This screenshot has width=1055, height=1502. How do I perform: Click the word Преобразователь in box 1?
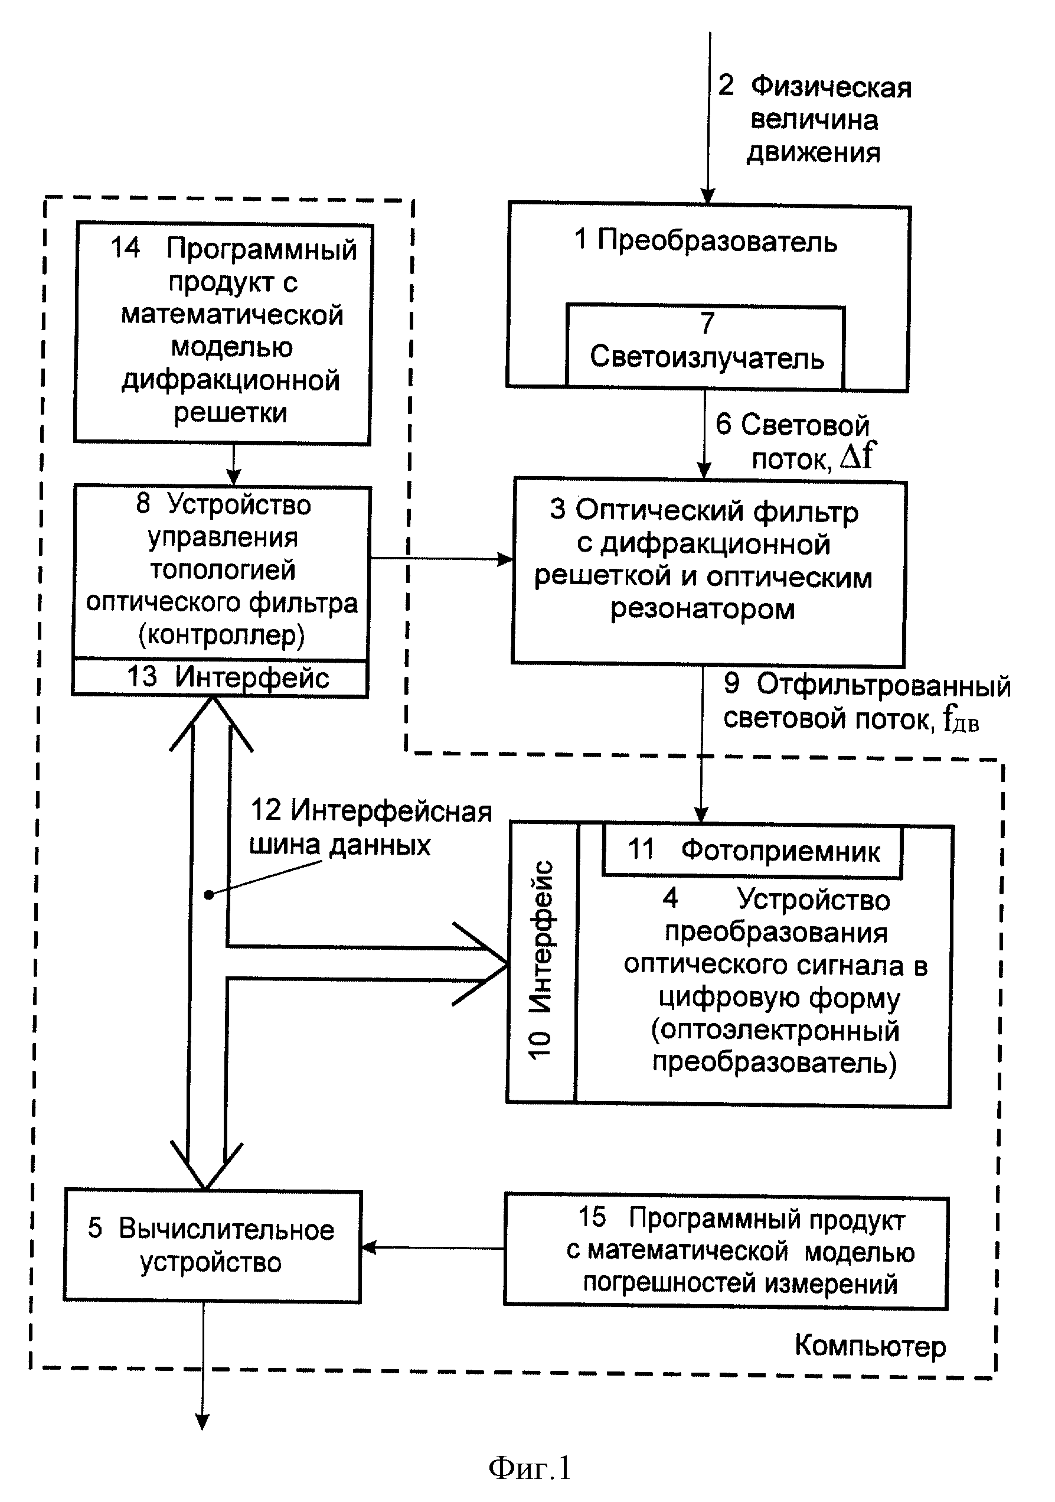pos(717,242)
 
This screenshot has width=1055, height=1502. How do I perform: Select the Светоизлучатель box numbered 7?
pos(705,347)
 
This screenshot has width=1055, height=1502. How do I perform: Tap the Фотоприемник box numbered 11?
pos(752,851)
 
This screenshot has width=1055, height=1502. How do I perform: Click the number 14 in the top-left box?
pos(125,248)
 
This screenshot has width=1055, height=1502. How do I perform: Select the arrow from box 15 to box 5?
pos(433,1247)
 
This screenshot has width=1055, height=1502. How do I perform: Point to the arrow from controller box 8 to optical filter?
pos(442,559)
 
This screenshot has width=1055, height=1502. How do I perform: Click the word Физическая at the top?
pos(831,87)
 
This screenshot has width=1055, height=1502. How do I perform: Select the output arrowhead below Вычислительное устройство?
pos(202,1422)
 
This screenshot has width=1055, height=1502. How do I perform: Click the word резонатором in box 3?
pos(703,610)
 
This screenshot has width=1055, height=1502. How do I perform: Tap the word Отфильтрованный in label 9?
pos(884,685)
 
